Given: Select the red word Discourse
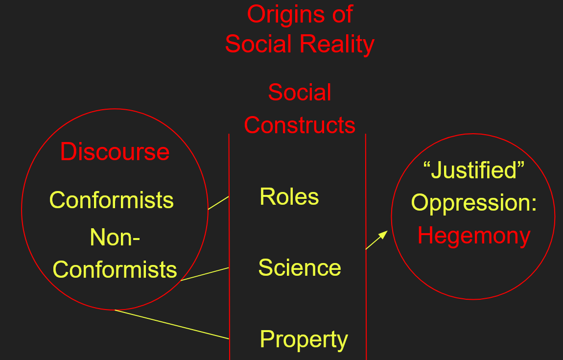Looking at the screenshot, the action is pyautogui.click(x=115, y=152).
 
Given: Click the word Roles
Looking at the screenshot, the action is pyautogui.click(x=289, y=197).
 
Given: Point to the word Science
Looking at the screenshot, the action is pyautogui.click(x=300, y=268).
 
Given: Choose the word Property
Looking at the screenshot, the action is pyautogui.click(x=304, y=339).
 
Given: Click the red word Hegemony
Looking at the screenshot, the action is pyautogui.click(x=474, y=236).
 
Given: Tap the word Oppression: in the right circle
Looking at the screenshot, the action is pyautogui.click(x=474, y=203).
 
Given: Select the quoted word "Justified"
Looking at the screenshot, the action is pyautogui.click(x=473, y=170).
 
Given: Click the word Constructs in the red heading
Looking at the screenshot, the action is pyautogui.click(x=300, y=125).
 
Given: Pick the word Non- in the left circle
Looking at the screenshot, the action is pyautogui.click(x=115, y=238).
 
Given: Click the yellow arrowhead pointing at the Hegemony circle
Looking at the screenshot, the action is pyautogui.click(x=383, y=235).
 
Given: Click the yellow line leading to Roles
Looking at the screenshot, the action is pyautogui.click(x=218, y=203).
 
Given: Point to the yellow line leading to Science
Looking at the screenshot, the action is pyautogui.click(x=205, y=274).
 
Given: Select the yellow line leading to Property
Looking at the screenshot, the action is pyautogui.click(x=171, y=324).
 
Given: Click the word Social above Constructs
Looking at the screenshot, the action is pyautogui.click(x=300, y=93).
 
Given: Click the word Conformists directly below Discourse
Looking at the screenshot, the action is pyautogui.click(x=112, y=200).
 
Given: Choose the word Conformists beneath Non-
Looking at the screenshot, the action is pyautogui.click(x=115, y=269).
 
